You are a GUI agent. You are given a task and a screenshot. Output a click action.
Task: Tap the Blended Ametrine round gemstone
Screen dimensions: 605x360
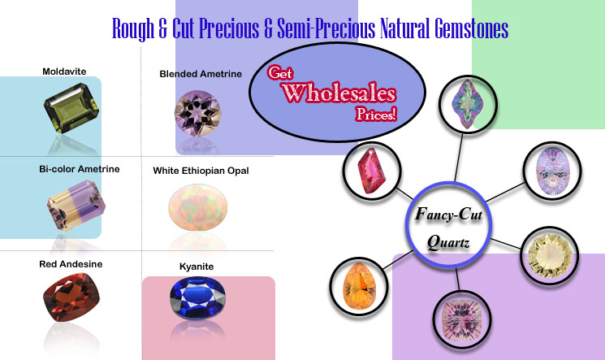click(x=198, y=113)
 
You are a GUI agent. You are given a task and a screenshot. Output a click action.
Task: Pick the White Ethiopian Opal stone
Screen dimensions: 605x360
click(x=198, y=207)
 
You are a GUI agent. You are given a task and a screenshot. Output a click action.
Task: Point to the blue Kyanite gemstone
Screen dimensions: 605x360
click(x=197, y=298)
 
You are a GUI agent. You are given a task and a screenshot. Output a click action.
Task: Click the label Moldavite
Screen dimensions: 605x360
click(x=64, y=72)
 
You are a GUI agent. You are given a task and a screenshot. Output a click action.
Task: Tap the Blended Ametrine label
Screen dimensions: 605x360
click(x=201, y=74)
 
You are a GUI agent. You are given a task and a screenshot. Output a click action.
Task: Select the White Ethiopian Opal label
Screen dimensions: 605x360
click(x=201, y=171)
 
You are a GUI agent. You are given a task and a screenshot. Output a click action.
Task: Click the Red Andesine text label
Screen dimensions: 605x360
click(x=71, y=264)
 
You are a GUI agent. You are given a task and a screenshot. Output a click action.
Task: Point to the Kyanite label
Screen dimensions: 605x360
click(x=197, y=267)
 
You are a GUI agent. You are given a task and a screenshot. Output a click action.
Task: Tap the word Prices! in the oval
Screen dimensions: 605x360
click(x=376, y=114)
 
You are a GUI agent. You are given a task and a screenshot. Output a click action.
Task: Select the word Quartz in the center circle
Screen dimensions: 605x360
click(x=448, y=242)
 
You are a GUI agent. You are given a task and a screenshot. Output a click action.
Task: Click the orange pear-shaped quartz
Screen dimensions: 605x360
click(x=359, y=286)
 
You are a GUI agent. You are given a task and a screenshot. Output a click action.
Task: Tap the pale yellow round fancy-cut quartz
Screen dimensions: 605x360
click(x=549, y=256)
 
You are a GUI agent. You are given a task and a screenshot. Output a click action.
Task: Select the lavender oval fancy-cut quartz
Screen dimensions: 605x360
click(x=552, y=171)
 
